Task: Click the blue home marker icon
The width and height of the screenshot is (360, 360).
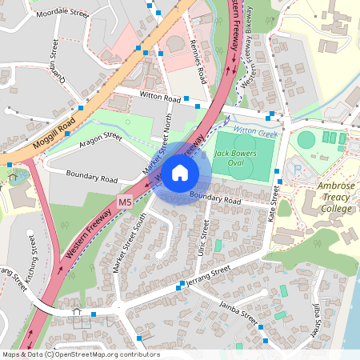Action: click(x=180, y=172)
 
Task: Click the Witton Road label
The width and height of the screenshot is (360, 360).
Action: click(x=161, y=98)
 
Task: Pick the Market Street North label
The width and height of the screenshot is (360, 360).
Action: click(x=158, y=145)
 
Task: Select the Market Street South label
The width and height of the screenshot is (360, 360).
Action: click(x=130, y=243)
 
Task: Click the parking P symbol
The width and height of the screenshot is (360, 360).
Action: click(x=298, y=170)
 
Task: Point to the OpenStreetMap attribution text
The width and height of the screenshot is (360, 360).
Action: click(x=80, y=354)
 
